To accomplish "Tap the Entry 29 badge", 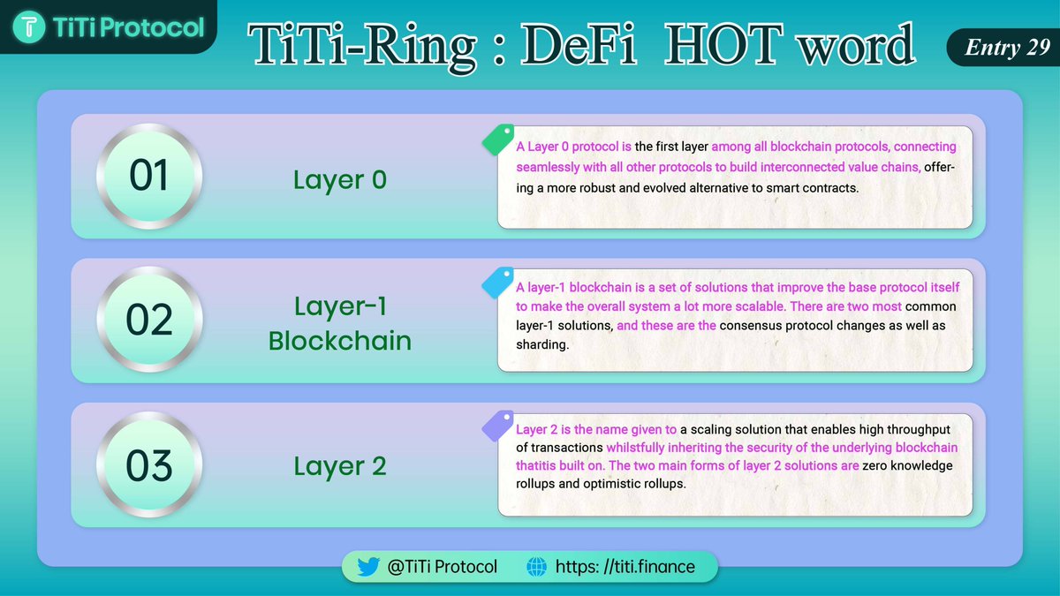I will [x=1000, y=48].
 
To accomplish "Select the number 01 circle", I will [x=149, y=177].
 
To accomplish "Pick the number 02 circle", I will [x=149, y=321].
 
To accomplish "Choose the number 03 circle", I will [x=149, y=464].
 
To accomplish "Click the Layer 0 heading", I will [x=340, y=180].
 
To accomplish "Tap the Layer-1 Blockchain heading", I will [x=340, y=323].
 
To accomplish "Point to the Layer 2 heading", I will [x=340, y=466].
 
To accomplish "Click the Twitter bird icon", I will [x=368, y=567].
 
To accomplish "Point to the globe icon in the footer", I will [x=536, y=567].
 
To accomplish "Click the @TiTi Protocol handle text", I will [x=443, y=567].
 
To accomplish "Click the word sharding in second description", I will [x=541, y=344].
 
